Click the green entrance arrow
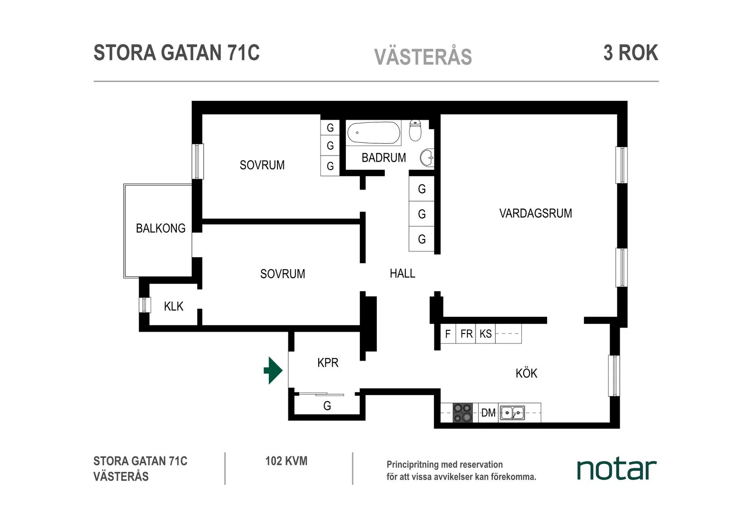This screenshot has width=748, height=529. tap(273, 371)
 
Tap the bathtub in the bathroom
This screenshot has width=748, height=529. tap(374, 133)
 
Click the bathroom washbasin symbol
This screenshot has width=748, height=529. tap(427, 158)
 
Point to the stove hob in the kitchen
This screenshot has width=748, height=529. tap(463, 413)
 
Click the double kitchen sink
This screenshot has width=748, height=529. tap(512, 413)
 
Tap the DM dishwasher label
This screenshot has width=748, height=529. tap(488, 413)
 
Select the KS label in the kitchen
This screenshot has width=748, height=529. tap(486, 334)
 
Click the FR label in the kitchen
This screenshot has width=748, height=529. tap(466, 334)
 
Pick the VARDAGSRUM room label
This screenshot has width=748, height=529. tap(535, 213)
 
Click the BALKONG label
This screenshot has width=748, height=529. tap(160, 228)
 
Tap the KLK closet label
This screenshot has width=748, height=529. tap(174, 307)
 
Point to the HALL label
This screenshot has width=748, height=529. tap(403, 274)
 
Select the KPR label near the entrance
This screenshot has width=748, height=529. tap(328, 363)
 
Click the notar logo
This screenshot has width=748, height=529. tap(617, 470)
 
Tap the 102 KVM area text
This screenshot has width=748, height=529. tap(286, 461)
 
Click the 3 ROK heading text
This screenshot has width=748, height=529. tap(631, 53)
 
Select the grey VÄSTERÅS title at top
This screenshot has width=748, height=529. tap(423, 57)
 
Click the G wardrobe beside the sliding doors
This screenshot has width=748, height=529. tap(327, 406)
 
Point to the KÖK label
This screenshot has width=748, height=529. tap(526, 373)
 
